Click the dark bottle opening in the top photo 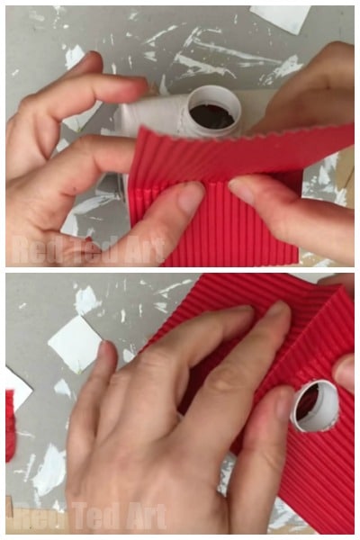[x=211, y=116]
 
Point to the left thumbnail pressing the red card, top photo [x=191, y=197]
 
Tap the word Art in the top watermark [x=145, y=250]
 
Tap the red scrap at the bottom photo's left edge [x=10, y=426]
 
